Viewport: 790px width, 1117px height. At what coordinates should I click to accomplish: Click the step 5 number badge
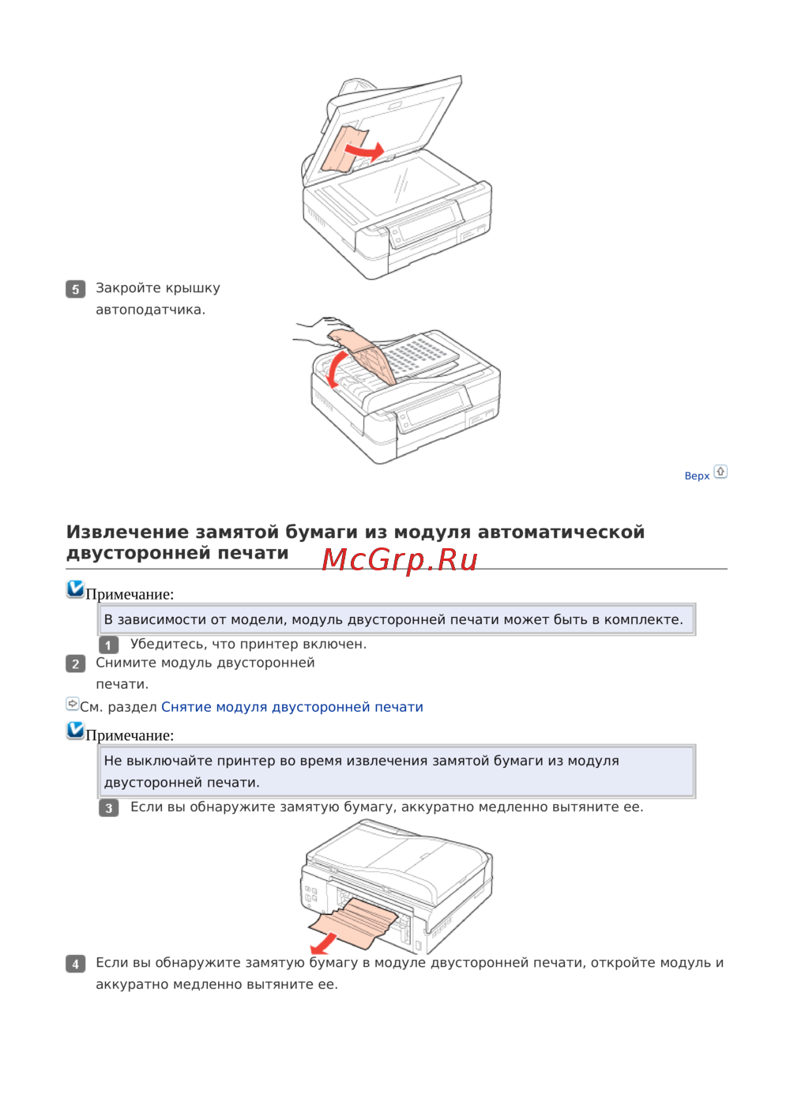(75, 289)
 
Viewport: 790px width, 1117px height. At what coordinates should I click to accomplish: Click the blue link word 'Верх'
(697, 476)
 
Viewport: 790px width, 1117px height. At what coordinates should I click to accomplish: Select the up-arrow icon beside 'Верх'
(720, 472)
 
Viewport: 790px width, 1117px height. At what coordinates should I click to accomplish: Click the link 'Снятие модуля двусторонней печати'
(292, 706)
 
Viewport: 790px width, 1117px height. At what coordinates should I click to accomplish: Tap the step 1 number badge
(108, 645)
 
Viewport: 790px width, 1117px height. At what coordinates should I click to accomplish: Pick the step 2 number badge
(75, 664)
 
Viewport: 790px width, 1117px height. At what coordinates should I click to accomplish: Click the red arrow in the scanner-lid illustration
(365, 151)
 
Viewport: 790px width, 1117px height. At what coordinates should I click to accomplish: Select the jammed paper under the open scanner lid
(345, 149)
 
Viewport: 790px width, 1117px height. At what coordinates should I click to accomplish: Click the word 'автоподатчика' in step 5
(151, 310)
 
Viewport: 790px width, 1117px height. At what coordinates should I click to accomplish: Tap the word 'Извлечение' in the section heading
(127, 532)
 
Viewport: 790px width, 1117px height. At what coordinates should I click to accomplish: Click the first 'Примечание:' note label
(130, 594)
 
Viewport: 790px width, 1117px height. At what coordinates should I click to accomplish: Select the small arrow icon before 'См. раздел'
(73, 704)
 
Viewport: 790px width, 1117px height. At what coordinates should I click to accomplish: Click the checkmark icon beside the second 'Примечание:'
(75, 730)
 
